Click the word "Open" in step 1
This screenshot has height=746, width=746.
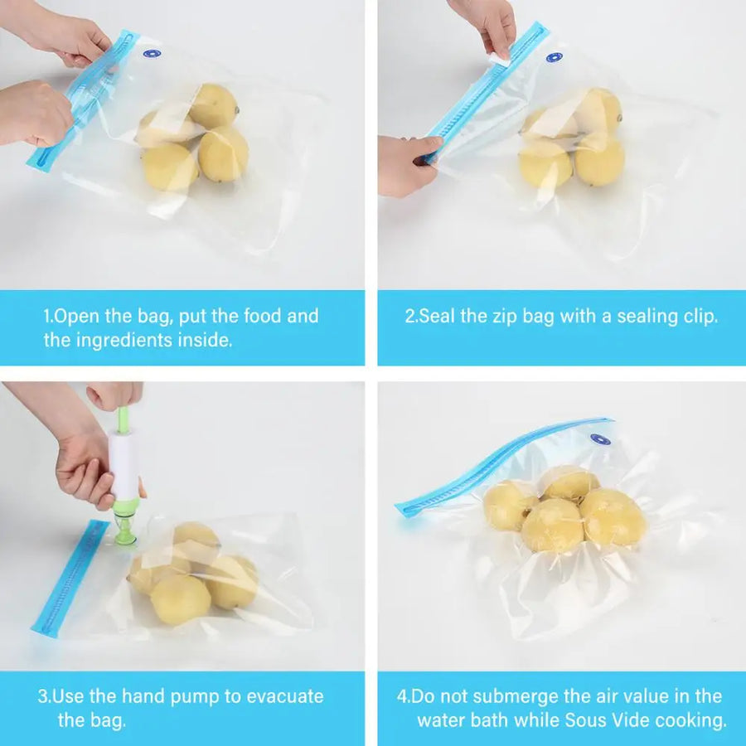[76, 316]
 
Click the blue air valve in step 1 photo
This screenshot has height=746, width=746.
[151, 54]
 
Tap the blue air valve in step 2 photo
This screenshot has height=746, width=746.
[554, 57]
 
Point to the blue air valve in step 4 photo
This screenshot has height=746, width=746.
[600, 439]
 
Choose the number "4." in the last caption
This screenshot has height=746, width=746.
[403, 695]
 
